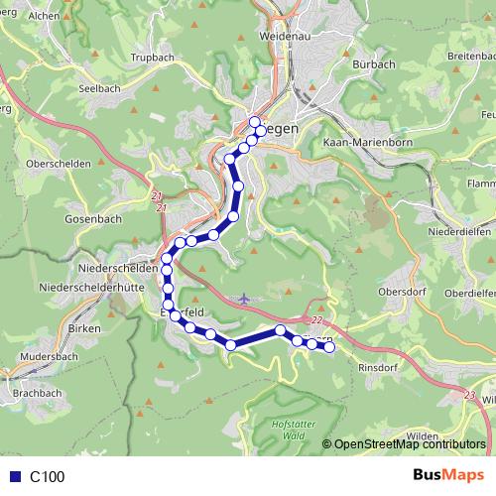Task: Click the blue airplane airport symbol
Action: click(246, 297)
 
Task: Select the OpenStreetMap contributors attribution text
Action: click(409, 444)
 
